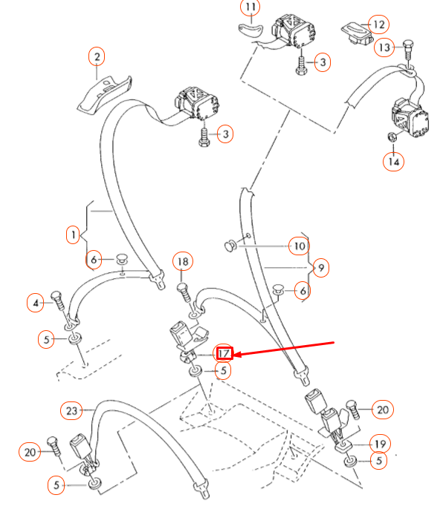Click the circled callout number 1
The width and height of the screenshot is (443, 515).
72,235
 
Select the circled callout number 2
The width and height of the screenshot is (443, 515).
97,56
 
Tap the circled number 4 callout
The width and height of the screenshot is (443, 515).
35,302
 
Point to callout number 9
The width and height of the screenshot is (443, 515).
320,266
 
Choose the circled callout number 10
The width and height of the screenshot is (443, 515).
298,246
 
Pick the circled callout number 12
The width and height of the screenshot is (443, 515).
379,24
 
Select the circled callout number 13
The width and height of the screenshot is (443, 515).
384,47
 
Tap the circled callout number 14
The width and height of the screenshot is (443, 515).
394,160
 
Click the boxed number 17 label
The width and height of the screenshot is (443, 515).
224,353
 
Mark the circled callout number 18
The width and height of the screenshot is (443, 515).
183,261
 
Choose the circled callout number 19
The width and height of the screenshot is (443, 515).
379,445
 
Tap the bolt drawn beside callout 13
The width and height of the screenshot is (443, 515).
407,50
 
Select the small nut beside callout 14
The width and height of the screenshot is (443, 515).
390,137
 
